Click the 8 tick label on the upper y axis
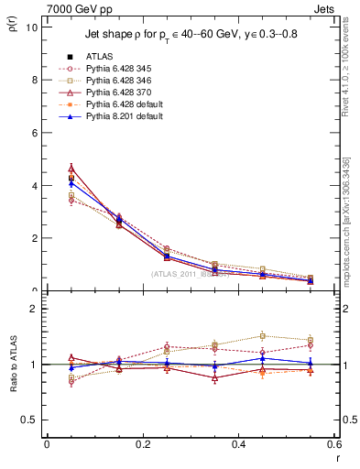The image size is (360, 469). tap(34, 80)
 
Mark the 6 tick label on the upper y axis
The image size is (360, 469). tap(34, 133)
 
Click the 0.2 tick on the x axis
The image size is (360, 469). tap(142, 444)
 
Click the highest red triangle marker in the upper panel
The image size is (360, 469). tap(71, 169)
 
